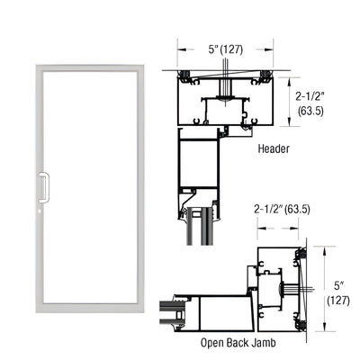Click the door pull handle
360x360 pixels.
click(39, 187)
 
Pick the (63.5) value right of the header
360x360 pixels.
click(311, 111)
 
